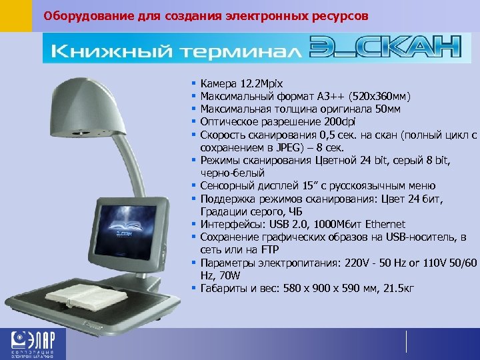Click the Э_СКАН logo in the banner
pyautogui.click(x=385, y=48)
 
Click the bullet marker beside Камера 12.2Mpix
pyautogui.click(x=191, y=85)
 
